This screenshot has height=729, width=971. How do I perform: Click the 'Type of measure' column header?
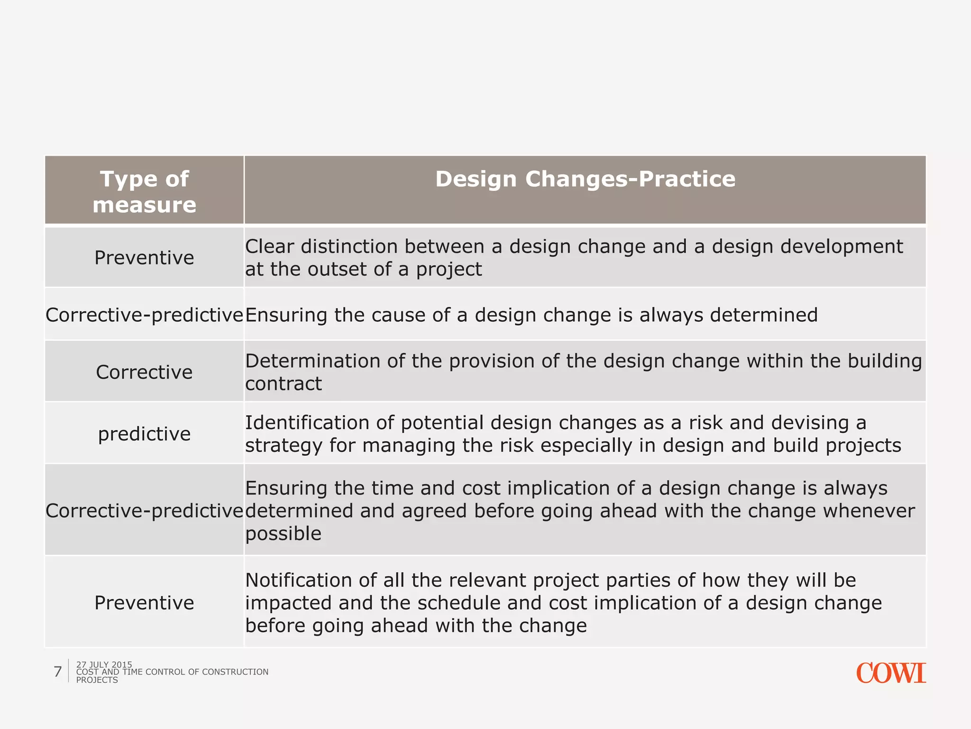pos(144,191)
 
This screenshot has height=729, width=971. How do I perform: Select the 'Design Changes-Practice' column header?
pos(585,179)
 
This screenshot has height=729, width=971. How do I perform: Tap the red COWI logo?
pos(890,673)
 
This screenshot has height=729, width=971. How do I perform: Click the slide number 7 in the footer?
pos(58,672)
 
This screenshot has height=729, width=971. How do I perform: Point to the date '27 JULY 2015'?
pos(104,664)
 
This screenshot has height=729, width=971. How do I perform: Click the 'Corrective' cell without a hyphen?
pos(144,372)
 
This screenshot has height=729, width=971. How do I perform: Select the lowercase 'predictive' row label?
pos(144,434)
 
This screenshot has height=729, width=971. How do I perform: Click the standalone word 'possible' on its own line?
pos(283,534)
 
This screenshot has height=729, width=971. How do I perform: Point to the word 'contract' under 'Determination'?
pos(283,383)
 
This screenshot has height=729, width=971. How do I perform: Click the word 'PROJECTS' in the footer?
pos(97,680)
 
